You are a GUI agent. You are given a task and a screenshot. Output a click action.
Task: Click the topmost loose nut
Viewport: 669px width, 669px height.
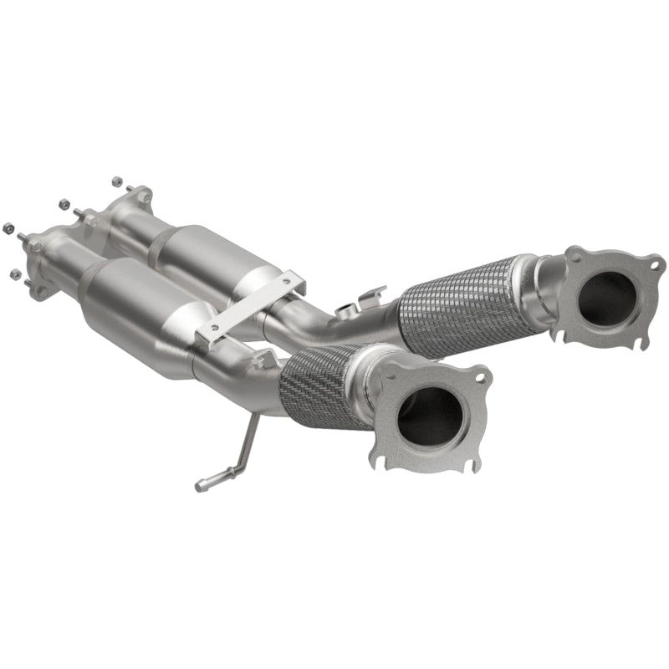[116, 181]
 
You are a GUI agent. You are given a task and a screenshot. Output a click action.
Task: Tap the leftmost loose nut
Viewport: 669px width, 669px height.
[9, 227]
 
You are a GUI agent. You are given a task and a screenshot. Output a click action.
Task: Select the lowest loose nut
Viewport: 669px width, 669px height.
[14, 273]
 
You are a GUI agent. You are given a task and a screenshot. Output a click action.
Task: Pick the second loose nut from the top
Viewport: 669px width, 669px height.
[63, 202]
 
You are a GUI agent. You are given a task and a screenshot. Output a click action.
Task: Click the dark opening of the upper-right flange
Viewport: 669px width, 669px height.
[606, 296]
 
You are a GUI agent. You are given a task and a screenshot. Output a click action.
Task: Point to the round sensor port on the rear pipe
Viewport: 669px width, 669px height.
[345, 311]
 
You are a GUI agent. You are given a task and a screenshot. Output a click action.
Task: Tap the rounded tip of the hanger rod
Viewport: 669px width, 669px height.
[201, 484]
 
